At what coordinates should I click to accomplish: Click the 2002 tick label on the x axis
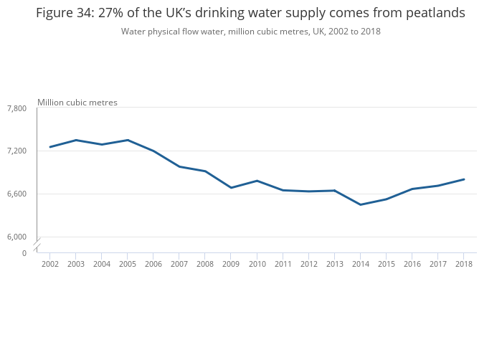[50, 264]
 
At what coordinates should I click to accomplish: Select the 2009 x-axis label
[231, 264]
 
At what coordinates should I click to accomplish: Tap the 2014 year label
[360, 264]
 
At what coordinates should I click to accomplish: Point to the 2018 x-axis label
[463, 264]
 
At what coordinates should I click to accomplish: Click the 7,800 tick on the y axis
[16, 108]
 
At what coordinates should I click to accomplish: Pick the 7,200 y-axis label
[16, 151]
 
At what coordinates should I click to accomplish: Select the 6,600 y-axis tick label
[16, 194]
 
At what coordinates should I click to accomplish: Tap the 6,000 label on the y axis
[16, 237]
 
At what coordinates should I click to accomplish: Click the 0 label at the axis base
[24, 253]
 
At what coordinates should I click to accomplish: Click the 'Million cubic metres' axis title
[77, 103]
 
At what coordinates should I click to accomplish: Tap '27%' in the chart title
[124, 14]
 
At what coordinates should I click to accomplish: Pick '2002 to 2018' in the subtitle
[354, 32]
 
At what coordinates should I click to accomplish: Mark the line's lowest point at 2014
[360, 204]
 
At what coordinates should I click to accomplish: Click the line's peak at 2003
[76, 140]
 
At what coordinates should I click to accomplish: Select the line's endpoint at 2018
[463, 179]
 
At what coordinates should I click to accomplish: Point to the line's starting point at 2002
[50, 147]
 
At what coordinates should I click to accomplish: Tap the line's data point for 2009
[231, 188]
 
